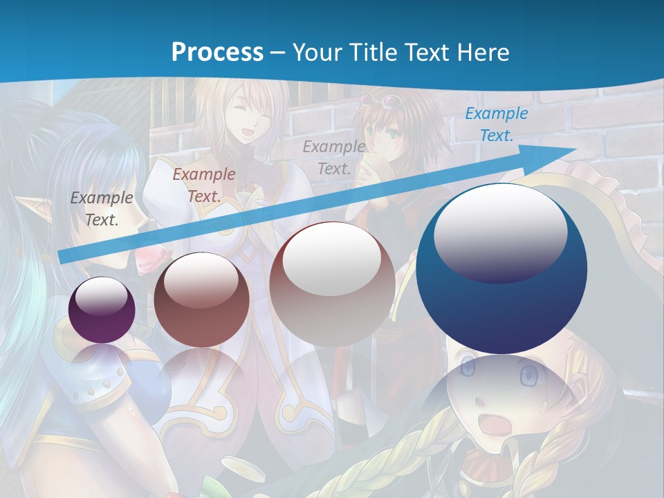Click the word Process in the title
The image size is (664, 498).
(217, 52)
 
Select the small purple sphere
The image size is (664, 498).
(102, 311)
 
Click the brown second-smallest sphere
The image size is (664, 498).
(201, 299)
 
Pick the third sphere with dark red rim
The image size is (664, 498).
(332, 284)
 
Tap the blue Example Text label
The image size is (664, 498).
(496, 124)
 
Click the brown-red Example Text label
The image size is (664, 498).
(203, 185)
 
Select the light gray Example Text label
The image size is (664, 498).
(334, 157)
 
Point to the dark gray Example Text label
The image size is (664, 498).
(101, 208)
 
